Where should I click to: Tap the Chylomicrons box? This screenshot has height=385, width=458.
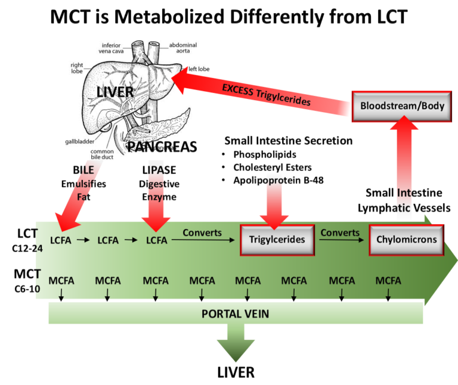[406, 240]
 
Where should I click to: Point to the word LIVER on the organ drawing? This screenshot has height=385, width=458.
[115, 92]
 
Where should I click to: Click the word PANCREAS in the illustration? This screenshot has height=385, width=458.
[163, 147]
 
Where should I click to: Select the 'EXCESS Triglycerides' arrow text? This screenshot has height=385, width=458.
[266, 95]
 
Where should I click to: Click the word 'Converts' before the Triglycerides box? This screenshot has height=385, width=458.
[202, 233]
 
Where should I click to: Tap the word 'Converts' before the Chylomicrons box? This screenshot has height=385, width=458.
[340, 233]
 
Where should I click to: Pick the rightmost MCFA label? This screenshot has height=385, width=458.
[388, 280]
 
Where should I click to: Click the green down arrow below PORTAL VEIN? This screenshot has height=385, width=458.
[235, 344]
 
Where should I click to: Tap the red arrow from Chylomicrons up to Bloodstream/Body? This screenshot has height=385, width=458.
[406, 173]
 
